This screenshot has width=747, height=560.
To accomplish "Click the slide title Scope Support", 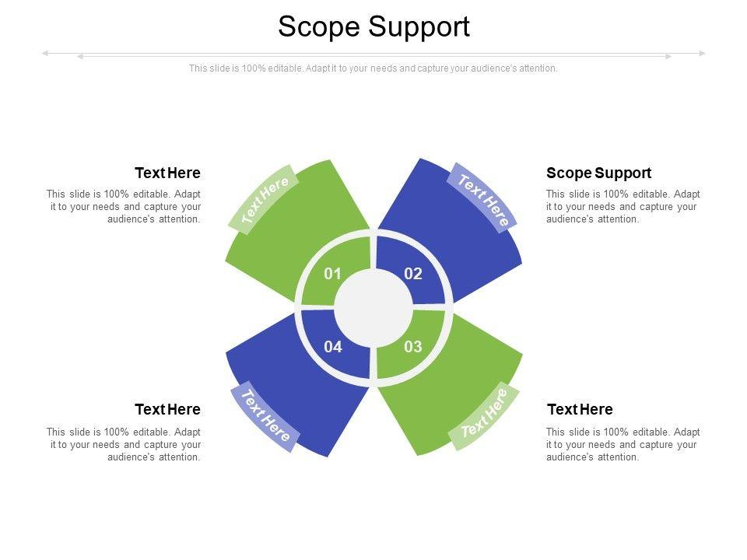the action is pyautogui.click(x=373, y=26).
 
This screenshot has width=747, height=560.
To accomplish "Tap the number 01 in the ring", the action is pyautogui.click(x=333, y=274).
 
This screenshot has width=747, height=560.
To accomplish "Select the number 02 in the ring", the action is pyautogui.click(x=413, y=274).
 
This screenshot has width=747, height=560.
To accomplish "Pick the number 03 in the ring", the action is pyautogui.click(x=413, y=347).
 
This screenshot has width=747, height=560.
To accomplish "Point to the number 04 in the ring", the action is pyautogui.click(x=333, y=347).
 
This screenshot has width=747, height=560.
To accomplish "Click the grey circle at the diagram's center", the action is pyautogui.click(x=373, y=310).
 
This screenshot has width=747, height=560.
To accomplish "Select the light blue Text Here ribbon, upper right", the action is pyautogui.click(x=483, y=199).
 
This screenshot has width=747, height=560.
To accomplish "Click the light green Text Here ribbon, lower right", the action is pyautogui.click(x=483, y=418).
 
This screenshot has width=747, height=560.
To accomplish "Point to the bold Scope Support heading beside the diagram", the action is pyautogui.click(x=598, y=173).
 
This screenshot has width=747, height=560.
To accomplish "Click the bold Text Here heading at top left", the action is pyautogui.click(x=167, y=173).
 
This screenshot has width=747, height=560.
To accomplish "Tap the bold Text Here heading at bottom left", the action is pyautogui.click(x=167, y=409).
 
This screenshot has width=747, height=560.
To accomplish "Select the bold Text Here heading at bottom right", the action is pyautogui.click(x=580, y=409).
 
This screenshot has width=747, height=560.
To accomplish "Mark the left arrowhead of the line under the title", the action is pyautogui.click(x=45, y=54).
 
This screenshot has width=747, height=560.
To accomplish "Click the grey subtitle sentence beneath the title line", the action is pyautogui.click(x=373, y=68).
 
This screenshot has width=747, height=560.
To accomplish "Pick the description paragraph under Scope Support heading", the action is pyautogui.click(x=622, y=207).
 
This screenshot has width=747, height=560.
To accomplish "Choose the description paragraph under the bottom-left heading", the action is pyautogui.click(x=124, y=444).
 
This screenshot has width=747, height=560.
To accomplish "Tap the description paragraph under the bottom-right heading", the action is pyautogui.click(x=622, y=444).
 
